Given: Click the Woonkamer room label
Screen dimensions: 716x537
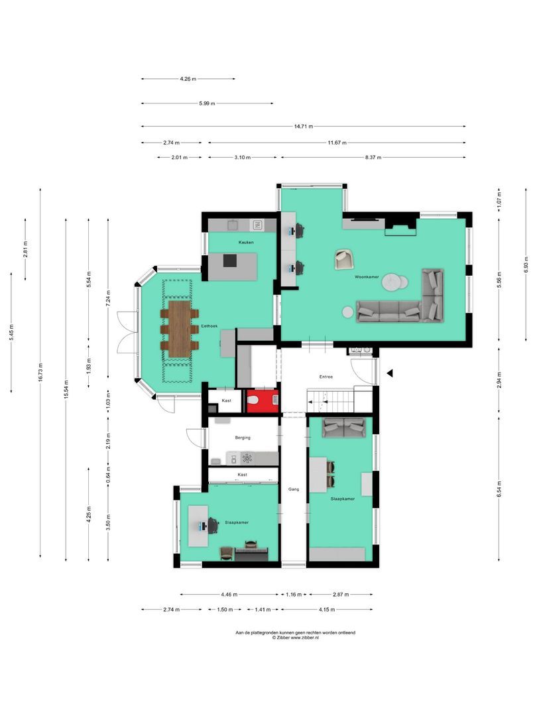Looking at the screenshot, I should tap(367, 276).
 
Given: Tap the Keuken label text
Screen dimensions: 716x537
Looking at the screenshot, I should tap(247, 243).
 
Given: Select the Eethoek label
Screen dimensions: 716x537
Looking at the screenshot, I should tap(209, 327).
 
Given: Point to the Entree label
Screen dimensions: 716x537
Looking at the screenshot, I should tap(326, 377).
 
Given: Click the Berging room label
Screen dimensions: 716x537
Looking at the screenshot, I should tap(242, 438).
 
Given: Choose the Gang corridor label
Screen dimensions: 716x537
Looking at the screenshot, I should tap(294, 489).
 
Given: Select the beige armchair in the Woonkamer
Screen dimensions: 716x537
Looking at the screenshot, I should tap(343, 259).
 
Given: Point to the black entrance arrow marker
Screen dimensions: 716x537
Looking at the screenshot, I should tap(390, 374).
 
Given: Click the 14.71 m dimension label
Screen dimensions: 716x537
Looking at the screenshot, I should tap(303, 127).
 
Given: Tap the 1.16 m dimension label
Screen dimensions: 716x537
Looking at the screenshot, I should tap(294, 595).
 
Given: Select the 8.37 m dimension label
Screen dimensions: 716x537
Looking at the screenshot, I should tap(373, 158).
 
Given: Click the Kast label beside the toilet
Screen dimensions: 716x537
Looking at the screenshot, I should tap(226, 401).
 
